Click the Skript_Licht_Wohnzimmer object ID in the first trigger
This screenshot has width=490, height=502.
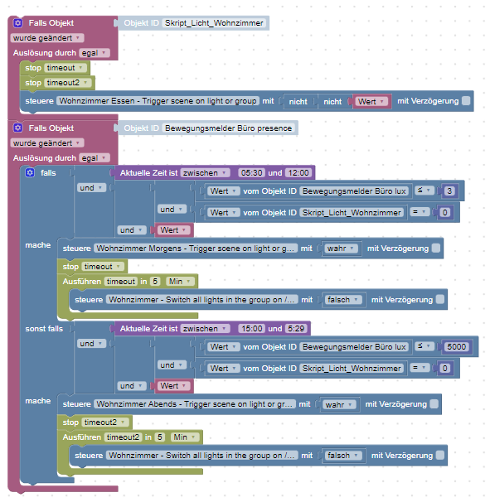click(x=214, y=23)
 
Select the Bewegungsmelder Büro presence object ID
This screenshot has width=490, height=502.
click(x=228, y=128)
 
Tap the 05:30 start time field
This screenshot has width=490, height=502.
click(x=251, y=173)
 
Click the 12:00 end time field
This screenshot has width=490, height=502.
click(x=298, y=173)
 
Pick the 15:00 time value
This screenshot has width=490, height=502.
click(x=252, y=329)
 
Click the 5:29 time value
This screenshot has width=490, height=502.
click(x=296, y=329)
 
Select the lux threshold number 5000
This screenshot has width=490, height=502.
click(x=456, y=347)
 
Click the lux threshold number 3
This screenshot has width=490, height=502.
click(x=449, y=191)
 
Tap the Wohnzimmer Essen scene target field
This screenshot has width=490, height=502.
click(x=158, y=101)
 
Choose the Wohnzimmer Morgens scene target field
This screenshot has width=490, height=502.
click(x=196, y=249)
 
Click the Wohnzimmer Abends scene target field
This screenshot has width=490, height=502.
click(x=195, y=404)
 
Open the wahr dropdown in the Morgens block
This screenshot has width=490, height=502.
click(x=340, y=249)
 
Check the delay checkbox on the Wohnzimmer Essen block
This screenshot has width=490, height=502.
click(x=466, y=101)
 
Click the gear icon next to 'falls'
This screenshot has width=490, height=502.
click(x=30, y=173)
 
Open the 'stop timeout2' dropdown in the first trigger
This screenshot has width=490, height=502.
click(x=67, y=83)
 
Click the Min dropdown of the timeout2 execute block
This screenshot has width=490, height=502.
click(x=185, y=437)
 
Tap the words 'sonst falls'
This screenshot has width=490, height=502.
click(x=44, y=329)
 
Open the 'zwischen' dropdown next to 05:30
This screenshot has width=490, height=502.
click(x=205, y=173)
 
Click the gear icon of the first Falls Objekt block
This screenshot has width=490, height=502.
click(x=18, y=23)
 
